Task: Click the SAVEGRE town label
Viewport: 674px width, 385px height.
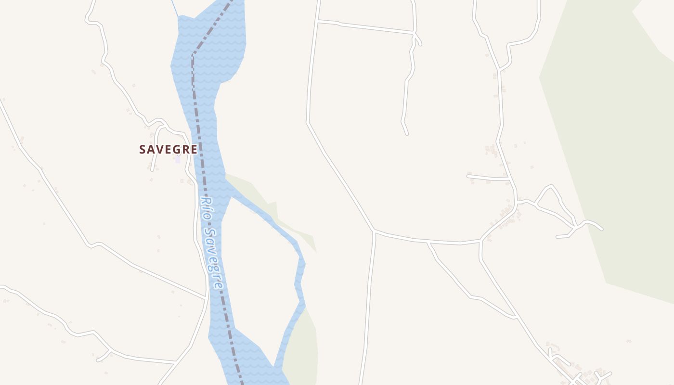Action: (168, 150)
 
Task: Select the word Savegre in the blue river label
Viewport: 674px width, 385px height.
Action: (214, 258)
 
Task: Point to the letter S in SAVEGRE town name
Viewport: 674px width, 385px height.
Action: (143, 150)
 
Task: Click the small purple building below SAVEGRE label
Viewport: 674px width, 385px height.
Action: (178, 159)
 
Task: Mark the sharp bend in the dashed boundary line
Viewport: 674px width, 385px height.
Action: (193, 54)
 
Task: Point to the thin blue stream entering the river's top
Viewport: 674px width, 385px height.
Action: (175, 7)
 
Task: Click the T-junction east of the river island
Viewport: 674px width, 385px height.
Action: (374, 231)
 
